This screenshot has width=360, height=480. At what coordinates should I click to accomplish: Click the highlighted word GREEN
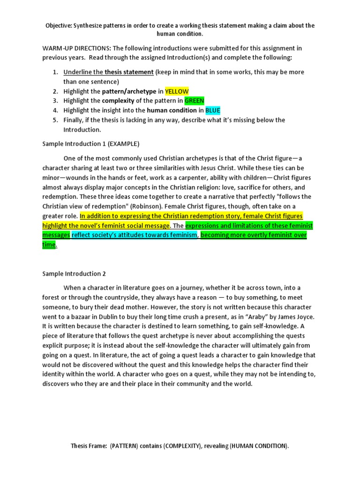coord(194,101)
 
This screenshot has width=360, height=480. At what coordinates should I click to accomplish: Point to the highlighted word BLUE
coord(213,111)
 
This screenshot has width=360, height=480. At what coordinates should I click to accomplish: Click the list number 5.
coord(55,120)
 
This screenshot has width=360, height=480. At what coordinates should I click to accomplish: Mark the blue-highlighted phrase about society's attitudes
coord(135,235)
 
